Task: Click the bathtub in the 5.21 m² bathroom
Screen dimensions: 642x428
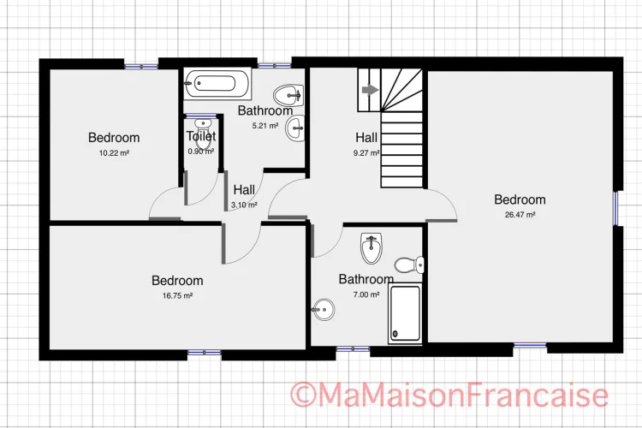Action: pyautogui.click(x=217, y=84)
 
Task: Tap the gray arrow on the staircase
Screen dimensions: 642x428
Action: pyautogui.click(x=371, y=90)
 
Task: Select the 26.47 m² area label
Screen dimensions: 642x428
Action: pyautogui.click(x=520, y=215)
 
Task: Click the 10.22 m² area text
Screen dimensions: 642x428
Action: pyautogui.click(x=114, y=153)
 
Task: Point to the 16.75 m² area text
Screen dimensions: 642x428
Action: pyautogui.click(x=177, y=295)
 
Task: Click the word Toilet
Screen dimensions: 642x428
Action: pyautogui.click(x=201, y=136)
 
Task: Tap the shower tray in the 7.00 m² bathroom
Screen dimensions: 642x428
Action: pyautogui.click(x=405, y=313)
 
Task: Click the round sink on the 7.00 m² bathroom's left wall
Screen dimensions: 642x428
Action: pyautogui.click(x=324, y=310)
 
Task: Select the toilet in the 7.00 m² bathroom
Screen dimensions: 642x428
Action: pyautogui.click(x=409, y=265)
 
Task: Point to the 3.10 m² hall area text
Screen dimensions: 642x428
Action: pyautogui.click(x=244, y=205)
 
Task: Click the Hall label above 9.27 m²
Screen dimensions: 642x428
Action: pyautogui.click(x=366, y=138)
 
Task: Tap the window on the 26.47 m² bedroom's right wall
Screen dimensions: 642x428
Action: pyautogui.click(x=615, y=209)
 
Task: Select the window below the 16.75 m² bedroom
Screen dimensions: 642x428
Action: pyautogui.click(x=205, y=352)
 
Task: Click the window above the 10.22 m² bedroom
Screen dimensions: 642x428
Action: pyautogui.click(x=141, y=67)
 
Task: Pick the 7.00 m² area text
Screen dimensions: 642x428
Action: pyautogui.click(x=366, y=294)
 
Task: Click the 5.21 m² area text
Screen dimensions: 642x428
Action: pyautogui.click(x=265, y=126)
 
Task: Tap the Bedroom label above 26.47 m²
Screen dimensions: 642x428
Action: pyautogui.click(x=520, y=199)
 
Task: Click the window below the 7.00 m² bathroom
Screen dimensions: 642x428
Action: pyautogui.click(x=353, y=349)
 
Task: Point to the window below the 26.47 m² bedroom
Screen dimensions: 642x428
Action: pyautogui.click(x=530, y=346)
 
